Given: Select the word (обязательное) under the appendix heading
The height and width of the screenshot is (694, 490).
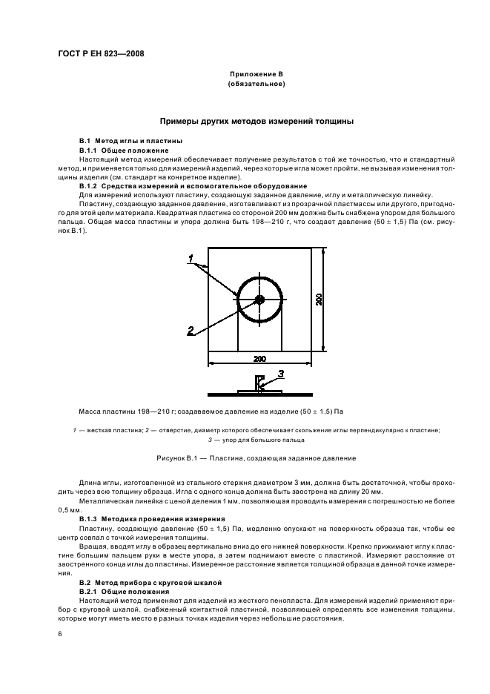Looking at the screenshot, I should [x=256, y=85].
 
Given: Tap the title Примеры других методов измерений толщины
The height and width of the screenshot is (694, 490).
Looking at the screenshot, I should [x=256, y=121].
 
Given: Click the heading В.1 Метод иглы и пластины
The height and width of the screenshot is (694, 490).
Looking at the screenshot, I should [x=130, y=141].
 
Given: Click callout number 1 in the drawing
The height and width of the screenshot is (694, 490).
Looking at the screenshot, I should [x=191, y=258].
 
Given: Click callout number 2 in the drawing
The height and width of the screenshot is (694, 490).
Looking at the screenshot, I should [x=191, y=331].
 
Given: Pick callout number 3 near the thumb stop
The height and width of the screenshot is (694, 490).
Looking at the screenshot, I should [x=282, y=373].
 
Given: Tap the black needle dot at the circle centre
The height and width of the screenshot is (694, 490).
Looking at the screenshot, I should [x=259, y=300].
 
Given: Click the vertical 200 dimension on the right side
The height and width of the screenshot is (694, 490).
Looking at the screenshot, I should [x=319, y=300].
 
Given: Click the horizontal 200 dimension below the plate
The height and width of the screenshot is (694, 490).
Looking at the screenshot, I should [x=259, y=359].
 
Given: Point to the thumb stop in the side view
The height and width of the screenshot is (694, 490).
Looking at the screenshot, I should [x=259, y=383].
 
